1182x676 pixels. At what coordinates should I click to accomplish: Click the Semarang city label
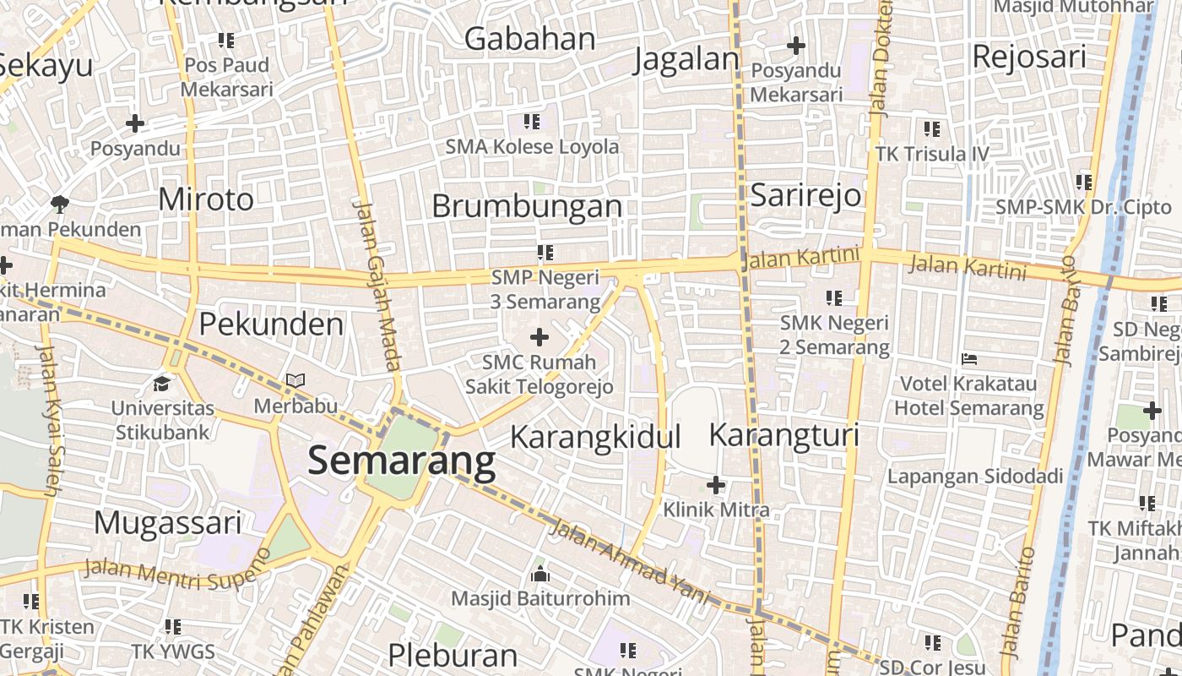pos(401,461)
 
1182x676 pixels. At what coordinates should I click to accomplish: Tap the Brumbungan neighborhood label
pos(527,206)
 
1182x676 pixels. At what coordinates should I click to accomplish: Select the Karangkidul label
pos(595,438)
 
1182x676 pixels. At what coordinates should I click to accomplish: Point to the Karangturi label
pos(783,435)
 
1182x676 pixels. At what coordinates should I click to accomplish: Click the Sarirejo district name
pos(805,195)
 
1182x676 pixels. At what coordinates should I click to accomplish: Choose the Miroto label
pos(206,199)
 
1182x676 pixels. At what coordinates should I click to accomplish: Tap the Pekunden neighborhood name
pos(271,324)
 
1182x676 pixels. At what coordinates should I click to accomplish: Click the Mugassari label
pos(168,523)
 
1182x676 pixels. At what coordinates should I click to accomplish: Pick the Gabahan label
pos(530,39)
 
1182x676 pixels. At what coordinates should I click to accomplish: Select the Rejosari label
pos(1029,57)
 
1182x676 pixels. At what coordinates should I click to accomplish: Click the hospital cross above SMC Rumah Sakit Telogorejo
pos(539,338)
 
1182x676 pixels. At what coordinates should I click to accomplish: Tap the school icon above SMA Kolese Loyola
pos(531,122)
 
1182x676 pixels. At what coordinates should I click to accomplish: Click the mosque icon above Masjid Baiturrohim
pos(540,575)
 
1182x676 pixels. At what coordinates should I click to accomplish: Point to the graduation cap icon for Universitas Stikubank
pos(161,384)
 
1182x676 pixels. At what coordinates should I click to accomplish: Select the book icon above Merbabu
pos(295,381)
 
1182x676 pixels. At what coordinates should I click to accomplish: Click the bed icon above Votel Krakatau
pos(968,359)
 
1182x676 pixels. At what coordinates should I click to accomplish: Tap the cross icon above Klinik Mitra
pos(716,485)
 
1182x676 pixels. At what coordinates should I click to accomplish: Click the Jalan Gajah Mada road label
pos(377,286)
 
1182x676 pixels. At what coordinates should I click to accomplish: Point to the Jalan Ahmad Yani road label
pos(629,561)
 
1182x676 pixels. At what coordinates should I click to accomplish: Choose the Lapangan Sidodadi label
pos(974,477)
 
